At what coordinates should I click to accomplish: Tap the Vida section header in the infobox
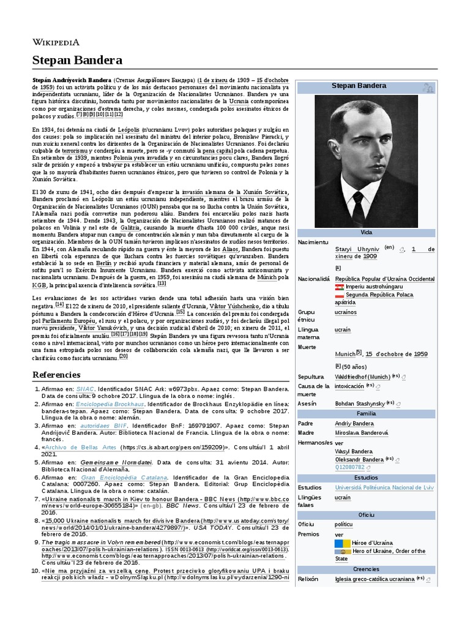[366, 233]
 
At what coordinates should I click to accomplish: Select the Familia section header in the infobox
[366, 413]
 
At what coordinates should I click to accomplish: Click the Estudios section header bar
[366, 477]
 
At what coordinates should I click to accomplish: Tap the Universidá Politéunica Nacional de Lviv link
[384, 487]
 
